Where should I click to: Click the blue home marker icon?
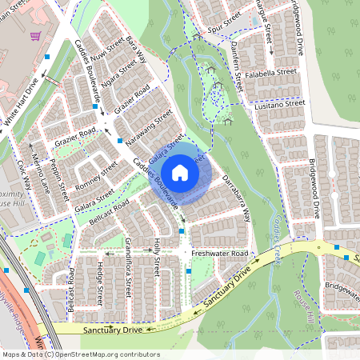(180, 172)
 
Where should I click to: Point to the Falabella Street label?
(270, 71)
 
